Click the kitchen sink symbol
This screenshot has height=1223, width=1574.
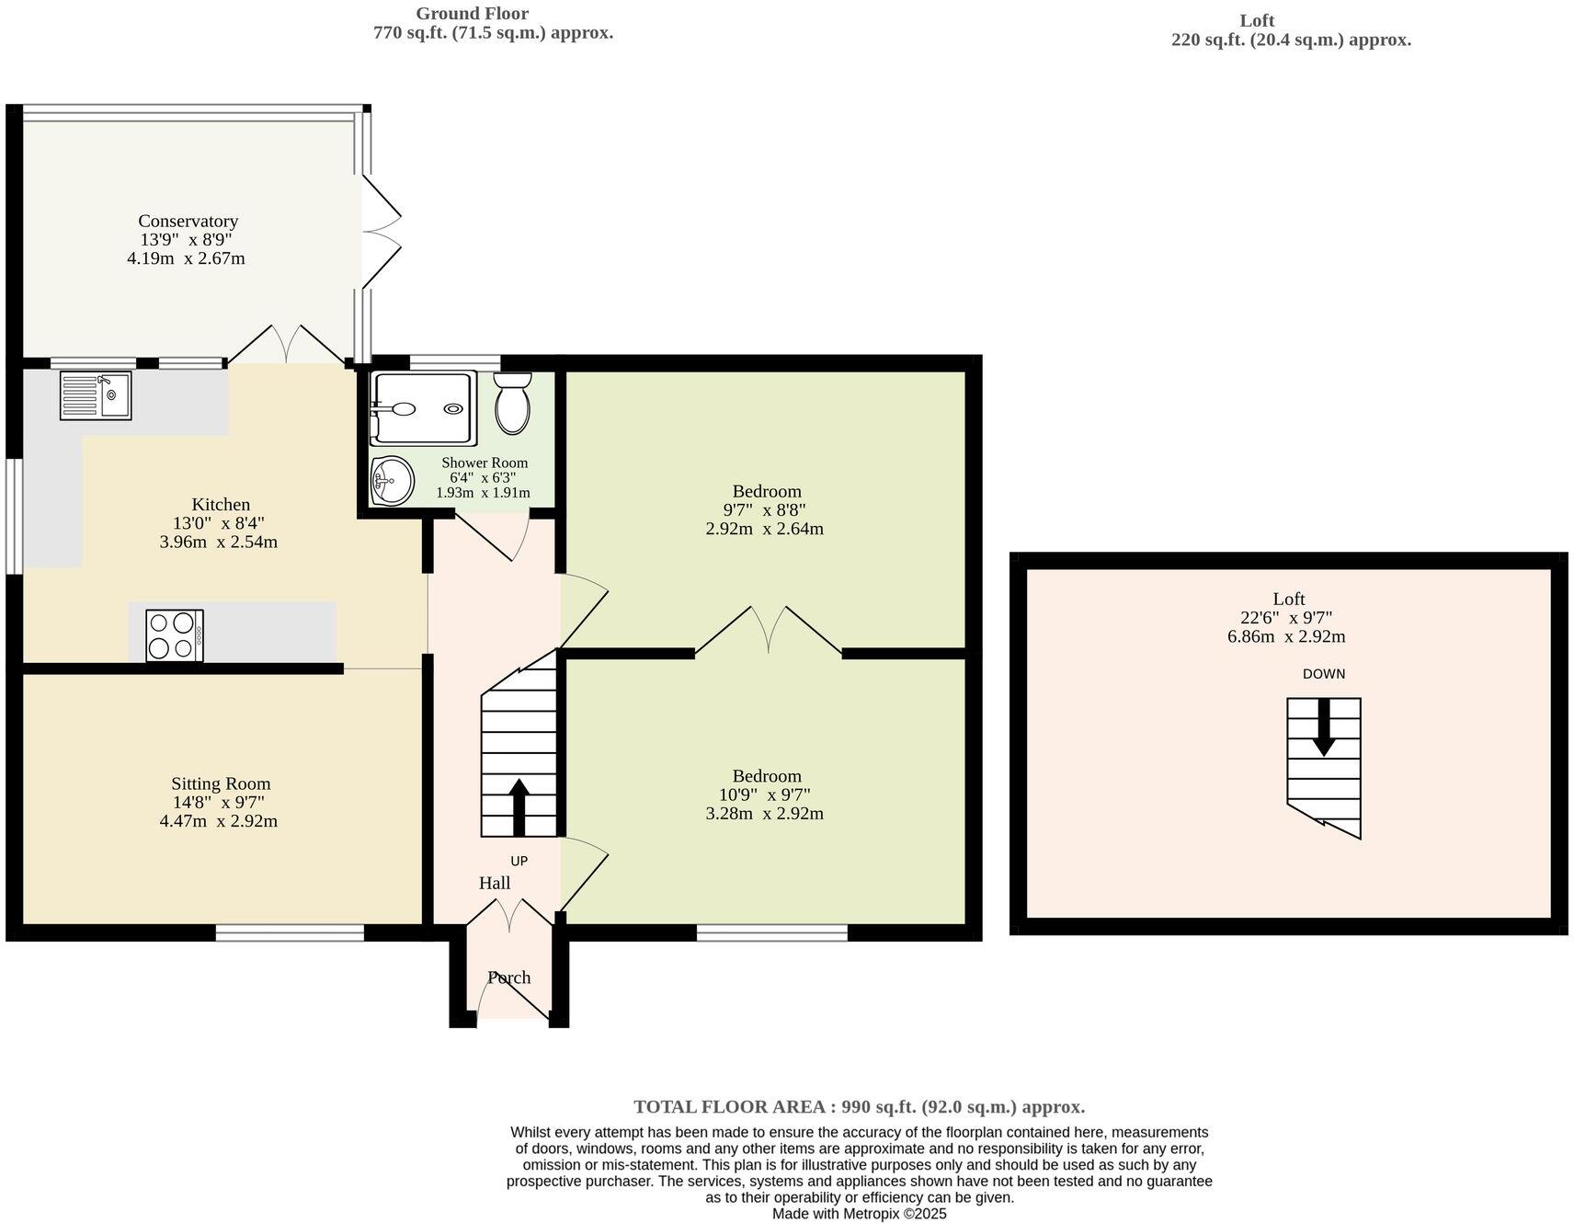click(96, 395)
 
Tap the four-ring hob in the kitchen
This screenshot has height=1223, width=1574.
click(175, 635)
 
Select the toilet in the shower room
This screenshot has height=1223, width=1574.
click(513, 404)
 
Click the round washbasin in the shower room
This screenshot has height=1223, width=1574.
click(393, 480)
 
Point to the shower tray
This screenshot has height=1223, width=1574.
click(423, 408)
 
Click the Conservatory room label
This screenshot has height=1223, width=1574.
click(188, 221)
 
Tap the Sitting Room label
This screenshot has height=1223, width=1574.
click(221, 783)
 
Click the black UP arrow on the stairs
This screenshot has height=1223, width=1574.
click(519, 806)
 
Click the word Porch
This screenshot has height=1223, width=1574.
click(509, 977)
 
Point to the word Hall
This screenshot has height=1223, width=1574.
click(495, 883)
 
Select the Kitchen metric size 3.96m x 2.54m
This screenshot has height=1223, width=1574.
click(218, 542)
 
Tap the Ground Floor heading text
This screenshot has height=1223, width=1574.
click(472, 14)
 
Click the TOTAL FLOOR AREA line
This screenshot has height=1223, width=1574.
click(859, 1107)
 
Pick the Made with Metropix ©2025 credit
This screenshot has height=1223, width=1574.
click(859, 1214)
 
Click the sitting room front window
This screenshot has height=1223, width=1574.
click(291, 933)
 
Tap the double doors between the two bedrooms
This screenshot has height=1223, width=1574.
click(768, 630)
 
